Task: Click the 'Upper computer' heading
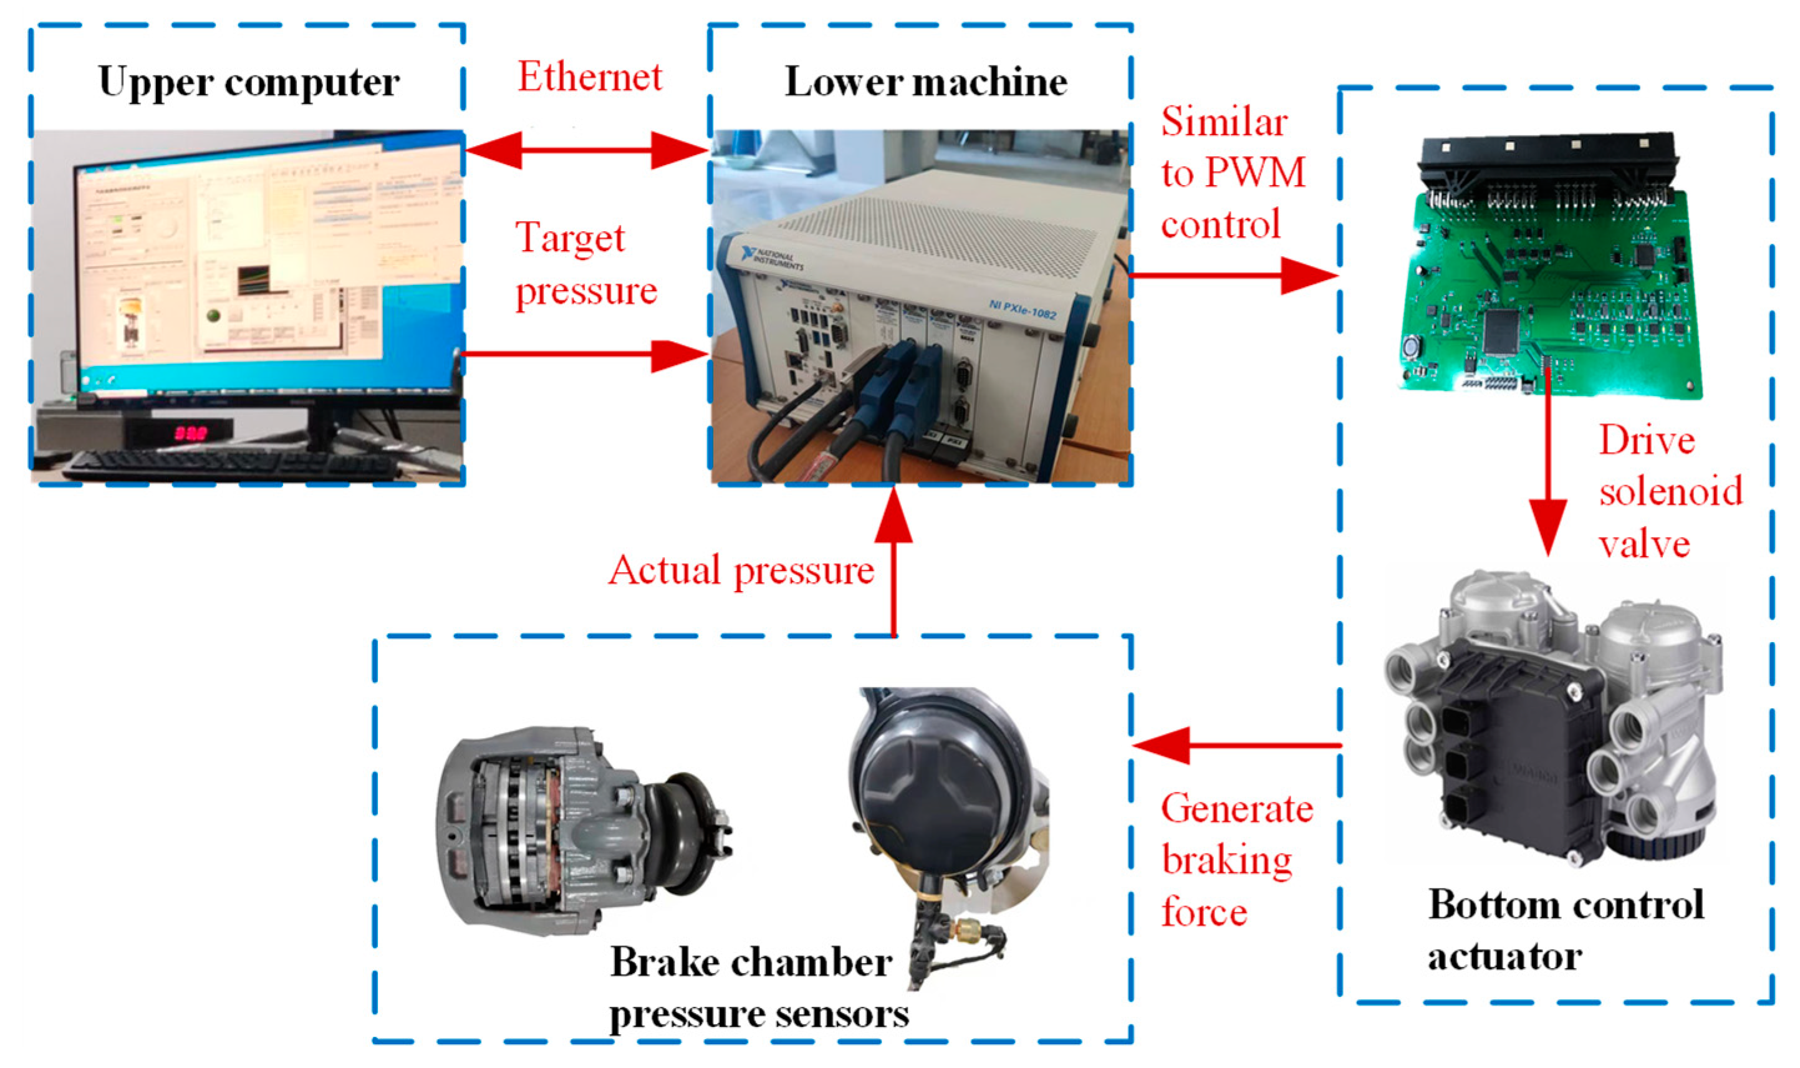pyautogui.click(x=249, y=81)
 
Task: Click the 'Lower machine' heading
pyautogui.click(x=925, y=81)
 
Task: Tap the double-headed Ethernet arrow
pyautogui.click(x=587, y=150)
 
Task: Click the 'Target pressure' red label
pyautogui.click(x=584, y=264)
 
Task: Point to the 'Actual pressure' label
pyautogui.click(x=741, y=570)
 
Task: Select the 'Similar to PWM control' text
pyautogui.click(x=1231, y=173)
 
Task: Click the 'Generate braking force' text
pyautogui.click(x=1235, y=860)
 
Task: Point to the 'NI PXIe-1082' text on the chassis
pyautogui.click(x=1022, y=309)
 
